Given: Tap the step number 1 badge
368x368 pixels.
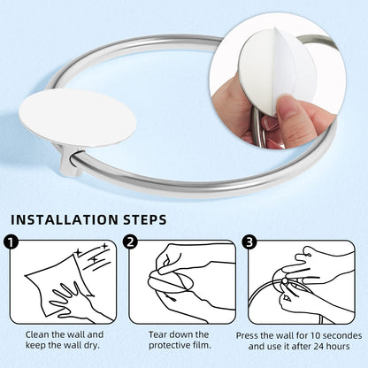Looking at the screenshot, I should pos(11,241).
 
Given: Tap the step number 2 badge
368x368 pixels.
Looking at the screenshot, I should pos(130,241).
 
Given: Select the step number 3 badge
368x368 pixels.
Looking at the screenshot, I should pos(249,241).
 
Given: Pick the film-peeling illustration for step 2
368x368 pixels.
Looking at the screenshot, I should pos(183,282).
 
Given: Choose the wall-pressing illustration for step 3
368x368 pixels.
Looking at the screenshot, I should pos(302,282).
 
